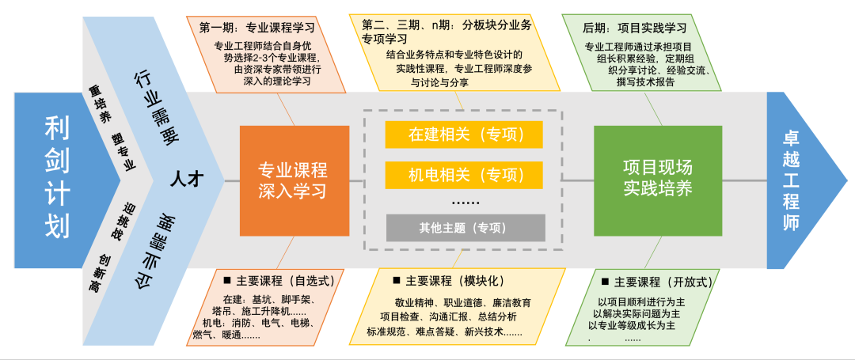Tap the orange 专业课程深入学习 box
coord(293,180)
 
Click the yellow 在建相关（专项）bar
coord(465,134)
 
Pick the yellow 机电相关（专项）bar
coord(465,174)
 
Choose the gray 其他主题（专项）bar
coord(465,228)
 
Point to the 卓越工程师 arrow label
coord(792,180)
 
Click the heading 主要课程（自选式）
coord(284,281)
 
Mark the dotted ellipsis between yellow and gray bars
coord(465,203)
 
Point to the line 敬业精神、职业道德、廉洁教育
coord(462,302)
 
